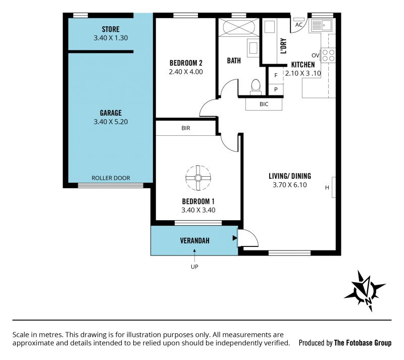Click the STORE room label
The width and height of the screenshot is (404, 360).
click(111, 29)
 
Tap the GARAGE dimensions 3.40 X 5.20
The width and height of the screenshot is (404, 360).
click(111, 122)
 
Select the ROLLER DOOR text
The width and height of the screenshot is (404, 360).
click(111, 178)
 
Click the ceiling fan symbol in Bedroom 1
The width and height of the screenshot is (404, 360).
click(198, 178)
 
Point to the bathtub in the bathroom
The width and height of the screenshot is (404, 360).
click(239, 27)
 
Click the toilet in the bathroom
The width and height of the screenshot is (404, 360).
click(256, 86)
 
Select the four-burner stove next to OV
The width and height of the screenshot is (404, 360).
click(328, 56)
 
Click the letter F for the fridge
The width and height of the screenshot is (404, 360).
click(276, 76)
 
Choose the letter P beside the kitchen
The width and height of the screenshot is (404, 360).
click(276, 89)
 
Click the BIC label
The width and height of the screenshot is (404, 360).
click(264, 104)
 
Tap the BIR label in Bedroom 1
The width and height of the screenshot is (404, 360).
click(186, 128)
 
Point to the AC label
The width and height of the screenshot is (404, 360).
click(299, 25)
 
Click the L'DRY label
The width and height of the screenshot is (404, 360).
click(283, 46)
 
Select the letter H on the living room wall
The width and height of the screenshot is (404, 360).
click(327, 188)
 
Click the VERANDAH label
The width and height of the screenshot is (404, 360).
click(194, 241)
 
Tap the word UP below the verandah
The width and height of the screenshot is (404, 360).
click(194, 267)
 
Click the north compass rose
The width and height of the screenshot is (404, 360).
click(365, 291)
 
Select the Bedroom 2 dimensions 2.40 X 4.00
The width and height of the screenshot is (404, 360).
click(186, 72)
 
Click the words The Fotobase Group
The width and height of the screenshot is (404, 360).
click(363, 343)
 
